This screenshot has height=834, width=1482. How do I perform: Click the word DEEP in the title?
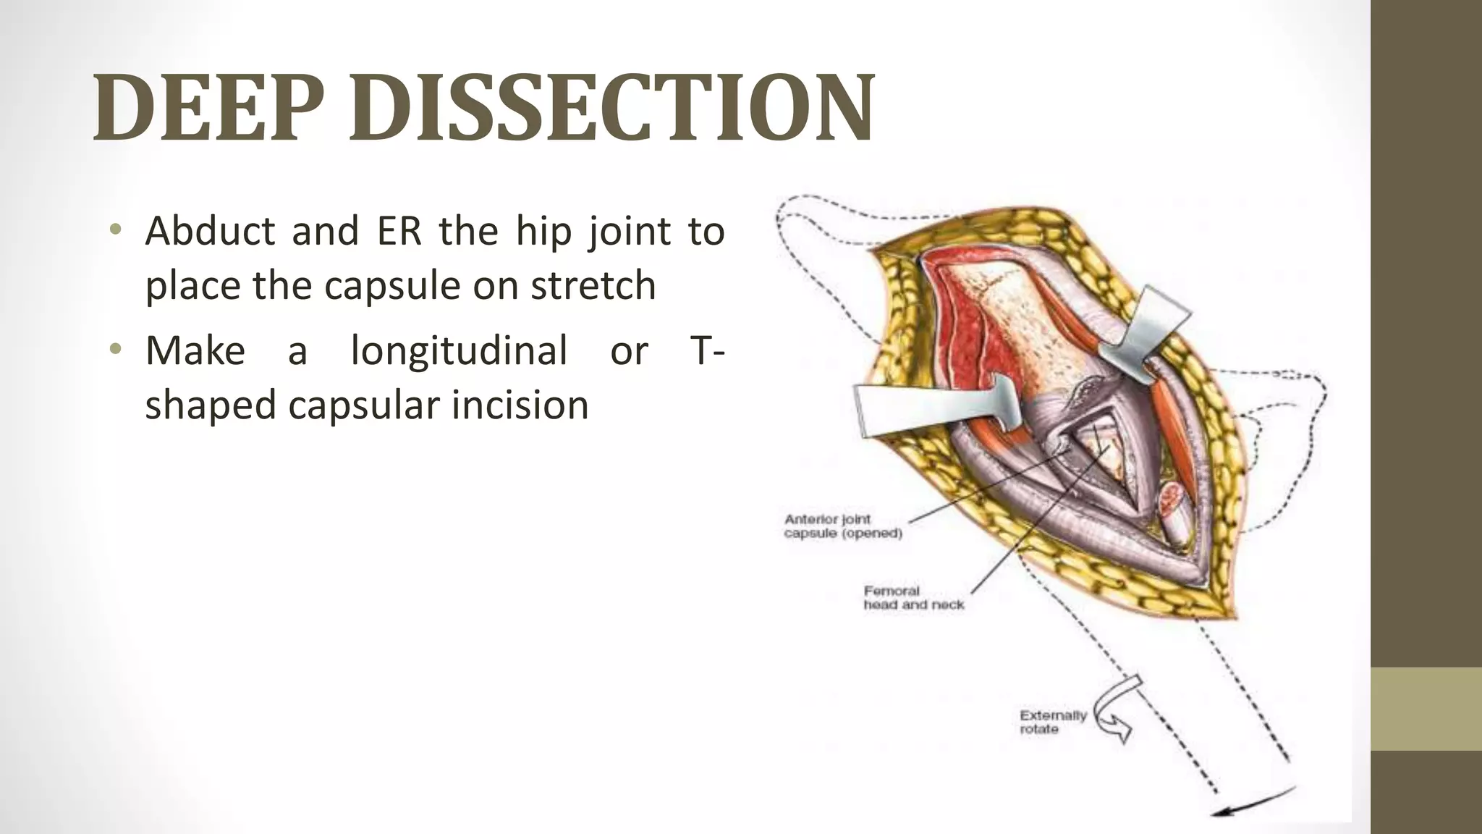pos(207,107)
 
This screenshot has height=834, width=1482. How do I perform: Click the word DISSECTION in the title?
pos(612,107)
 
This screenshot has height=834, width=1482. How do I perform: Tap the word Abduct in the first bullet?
pos(210,232)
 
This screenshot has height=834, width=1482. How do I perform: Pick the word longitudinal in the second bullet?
pos(459,351)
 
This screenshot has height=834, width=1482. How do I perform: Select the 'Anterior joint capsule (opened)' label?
pos(842,526)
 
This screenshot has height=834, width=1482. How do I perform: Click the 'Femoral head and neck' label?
pos(913,597)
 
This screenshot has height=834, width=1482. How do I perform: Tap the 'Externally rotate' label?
pos(1052,722)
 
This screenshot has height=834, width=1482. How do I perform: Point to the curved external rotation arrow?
pos(1113,713)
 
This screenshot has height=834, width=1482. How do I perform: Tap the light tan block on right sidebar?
pos(1426,709)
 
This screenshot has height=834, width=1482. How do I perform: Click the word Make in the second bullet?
pos(195,351)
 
